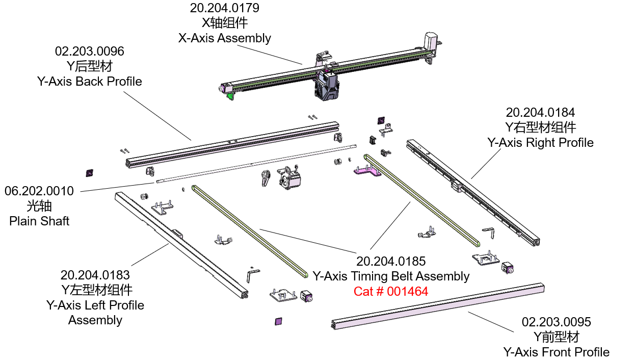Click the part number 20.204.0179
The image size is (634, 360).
pyautogui.click(x=224, y=8)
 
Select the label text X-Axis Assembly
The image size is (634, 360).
pyautogui.click(x=224, y=38)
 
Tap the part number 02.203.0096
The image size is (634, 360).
pyautogui.click(x=89, y=52)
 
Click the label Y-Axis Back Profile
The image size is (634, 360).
pyautogui.click(x=89, y=82)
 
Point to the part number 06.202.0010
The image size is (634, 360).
pyautogui.click(x=39, y=191)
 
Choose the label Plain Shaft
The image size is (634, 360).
pyautogui.click(x=39, y=221)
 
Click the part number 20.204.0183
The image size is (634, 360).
pyautogui.click(x=95, y=275)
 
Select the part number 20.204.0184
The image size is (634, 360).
pyautogui.click(x=540, y=112)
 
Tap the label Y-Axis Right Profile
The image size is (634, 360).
pyautogui.click(x=540, y=142)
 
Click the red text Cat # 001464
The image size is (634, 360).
pyautogui.click(x=391, y=292)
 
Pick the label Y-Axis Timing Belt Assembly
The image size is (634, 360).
pyautogui.click(x=391, y=276)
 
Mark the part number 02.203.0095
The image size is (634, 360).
pyautogui.click(x=556, y=322)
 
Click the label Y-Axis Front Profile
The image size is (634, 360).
pyautogui.click(x=556, y=352)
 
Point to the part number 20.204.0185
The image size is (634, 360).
pyautogui.click(x=391, y=262)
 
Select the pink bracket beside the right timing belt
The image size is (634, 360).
pyautogui.click(x=367, y=172)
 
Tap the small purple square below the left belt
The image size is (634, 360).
pyautogui.click(x=278, y=321)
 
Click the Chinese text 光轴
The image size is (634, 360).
pyautogui.click(x=39, y=206)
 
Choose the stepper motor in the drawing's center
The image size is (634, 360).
pyautogui.click(x=289, y=179)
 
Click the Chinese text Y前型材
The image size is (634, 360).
pyautogui.click(x=556, y=337)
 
